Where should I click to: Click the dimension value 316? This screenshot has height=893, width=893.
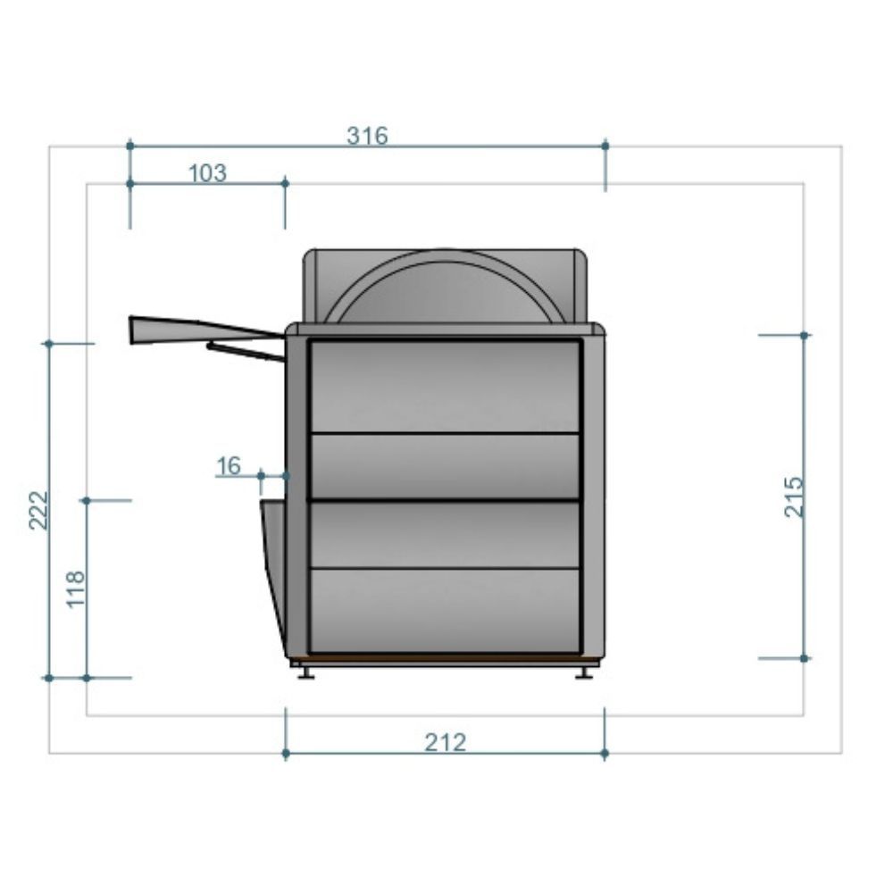[x=367, y=136]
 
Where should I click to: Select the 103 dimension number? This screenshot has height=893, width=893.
[x=207, y=172]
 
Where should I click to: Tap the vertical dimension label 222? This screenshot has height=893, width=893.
[x=38, y=510]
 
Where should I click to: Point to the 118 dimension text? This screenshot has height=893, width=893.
[x=76, y=589]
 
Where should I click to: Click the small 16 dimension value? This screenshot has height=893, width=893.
[x=229, y=466]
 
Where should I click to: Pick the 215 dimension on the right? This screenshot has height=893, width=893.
[x=793, y=497]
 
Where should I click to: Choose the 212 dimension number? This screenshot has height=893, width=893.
[x=445, y=742]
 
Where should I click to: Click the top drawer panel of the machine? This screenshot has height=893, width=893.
[x=445, y=387]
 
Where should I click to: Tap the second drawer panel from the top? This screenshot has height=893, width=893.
[x=445, y=466]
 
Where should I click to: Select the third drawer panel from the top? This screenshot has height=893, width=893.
[x=445, y=534]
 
